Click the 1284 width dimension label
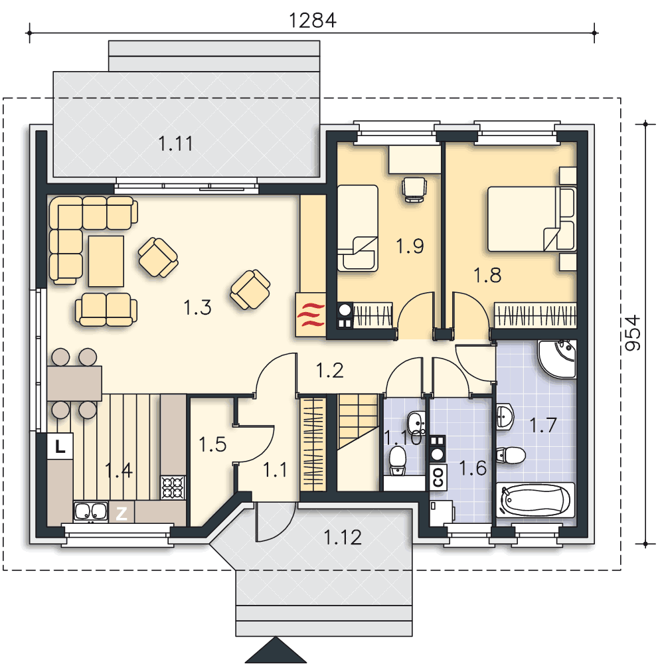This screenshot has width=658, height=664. tap(313, 19)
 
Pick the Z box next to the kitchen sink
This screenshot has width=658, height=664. tap(121, 512)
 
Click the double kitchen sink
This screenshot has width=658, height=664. tap(90, 511)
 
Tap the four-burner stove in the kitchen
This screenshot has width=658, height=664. tap(173, 488)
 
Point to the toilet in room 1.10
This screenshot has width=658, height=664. tap(397, 459)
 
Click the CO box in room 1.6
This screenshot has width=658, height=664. tap(438, 475)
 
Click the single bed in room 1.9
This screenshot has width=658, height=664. tap(357, 228)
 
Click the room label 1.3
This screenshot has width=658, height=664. tap(197, 308)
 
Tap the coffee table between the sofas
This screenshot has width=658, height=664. tap(106, 261)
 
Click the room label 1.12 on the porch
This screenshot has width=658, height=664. tap(343, 537)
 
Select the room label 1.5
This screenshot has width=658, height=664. tap(212, 444)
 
